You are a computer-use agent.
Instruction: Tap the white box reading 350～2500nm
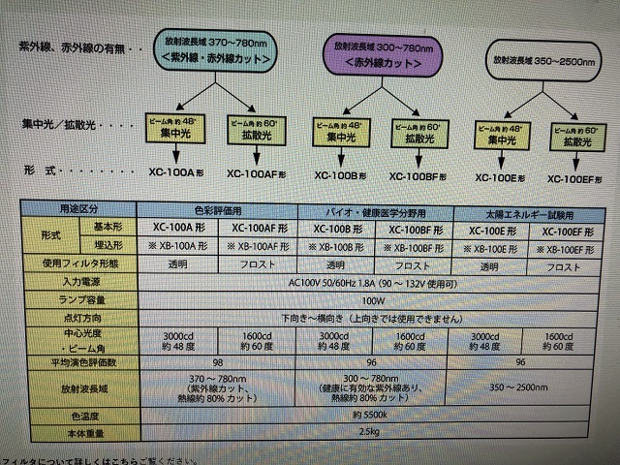click(x=543, y=59)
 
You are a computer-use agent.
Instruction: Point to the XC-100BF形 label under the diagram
click(x=418, y=177)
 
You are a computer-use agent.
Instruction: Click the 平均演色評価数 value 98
click(x=230, y=360)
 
